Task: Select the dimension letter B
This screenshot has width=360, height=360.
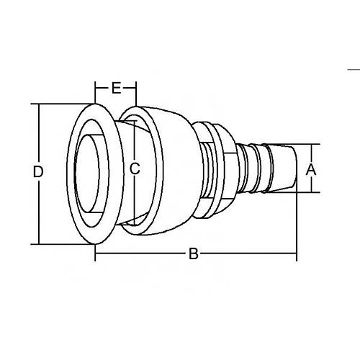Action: [192, 253]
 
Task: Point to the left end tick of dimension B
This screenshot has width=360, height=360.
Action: [96, 253]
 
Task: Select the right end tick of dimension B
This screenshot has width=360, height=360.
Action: [296, 253]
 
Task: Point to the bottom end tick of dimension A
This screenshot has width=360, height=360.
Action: [311, 192]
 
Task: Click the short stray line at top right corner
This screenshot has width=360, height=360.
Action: [354, 69]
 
